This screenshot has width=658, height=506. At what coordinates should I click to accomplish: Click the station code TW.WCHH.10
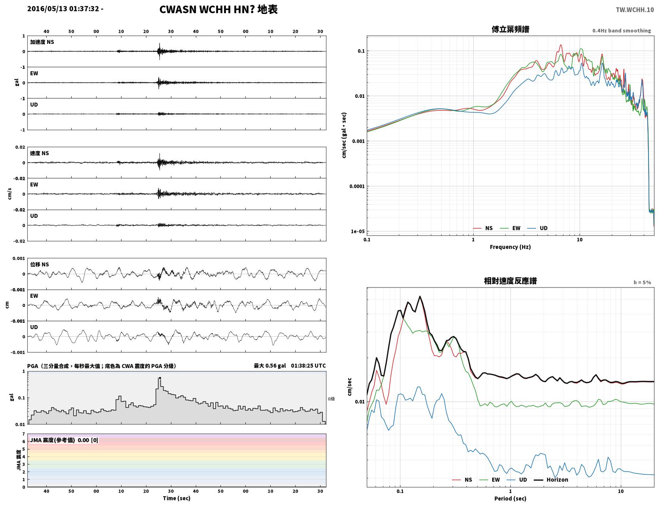pyautogui.click(x=635, y=9)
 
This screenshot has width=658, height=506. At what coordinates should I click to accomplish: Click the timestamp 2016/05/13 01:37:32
pyautogui.click(x=63, y=8)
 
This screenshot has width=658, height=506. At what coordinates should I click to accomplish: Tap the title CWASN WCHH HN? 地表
pyautogui.click(x=218, y=9)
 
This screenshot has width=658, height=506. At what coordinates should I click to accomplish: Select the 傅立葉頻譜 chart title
pyautogui.click(x=510, y=29)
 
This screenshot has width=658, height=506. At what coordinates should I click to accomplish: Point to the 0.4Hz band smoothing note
pyautogui.click(x=621, y=30)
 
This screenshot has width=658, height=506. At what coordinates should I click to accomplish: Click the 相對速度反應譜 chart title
pyautogui.click(x=510, y=281)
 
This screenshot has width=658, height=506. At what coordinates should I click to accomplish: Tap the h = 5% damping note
pyautogui.click(x=642, y=282)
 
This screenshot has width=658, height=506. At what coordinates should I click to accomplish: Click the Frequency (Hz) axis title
pyautogui.click(x=510, y=247)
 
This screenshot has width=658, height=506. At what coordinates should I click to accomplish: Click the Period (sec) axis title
pyautogui.click(x=510, y=498)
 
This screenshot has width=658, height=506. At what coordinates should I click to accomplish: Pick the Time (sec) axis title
pyautogui.click(x=176, y=498)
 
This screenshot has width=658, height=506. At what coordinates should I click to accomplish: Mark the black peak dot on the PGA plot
pyautogui.click(x=160, y=378)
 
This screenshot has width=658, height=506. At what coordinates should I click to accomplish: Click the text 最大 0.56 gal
pyautogui.click(x=269, y=366)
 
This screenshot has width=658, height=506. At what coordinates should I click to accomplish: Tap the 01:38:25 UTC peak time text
pyautogui.click(x=308, y=366)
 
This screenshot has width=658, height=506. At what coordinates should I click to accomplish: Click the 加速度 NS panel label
pyautogui.click(x=42, y=42)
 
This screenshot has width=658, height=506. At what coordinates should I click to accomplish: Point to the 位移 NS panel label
pyautogui.click(x=39, y=265)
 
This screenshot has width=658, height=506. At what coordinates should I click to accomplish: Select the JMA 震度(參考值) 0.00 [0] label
pyautogui.click(x=64, y=440)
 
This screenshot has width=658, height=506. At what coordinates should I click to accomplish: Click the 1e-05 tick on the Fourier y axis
pyautogui.click(x=358, y=231)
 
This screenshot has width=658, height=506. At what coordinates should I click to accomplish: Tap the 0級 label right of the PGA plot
pyautogui.click(x=331, y=399)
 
